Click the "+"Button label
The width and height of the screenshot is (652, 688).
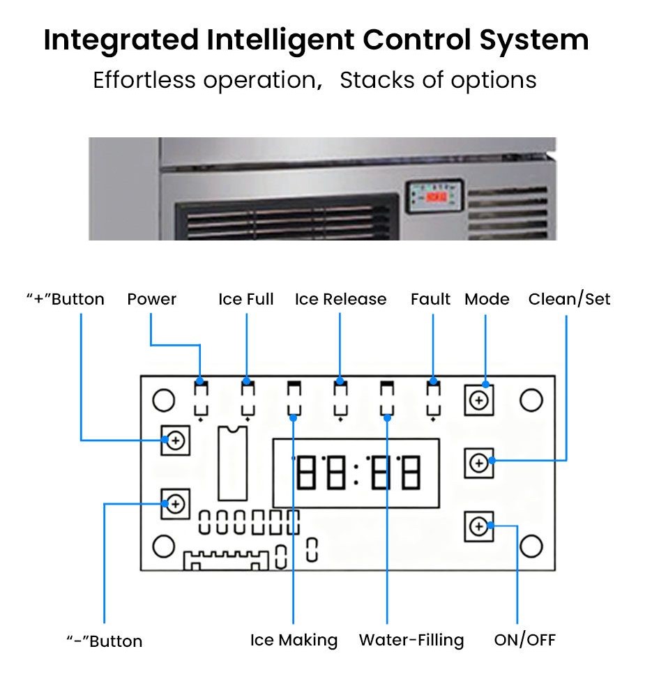(65, 300)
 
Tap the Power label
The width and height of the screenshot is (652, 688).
(151, 300)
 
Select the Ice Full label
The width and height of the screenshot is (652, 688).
(245, 300)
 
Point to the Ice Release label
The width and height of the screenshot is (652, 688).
(340, 300)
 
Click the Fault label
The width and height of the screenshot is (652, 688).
(430, 300)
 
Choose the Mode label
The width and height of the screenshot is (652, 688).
(487, 300)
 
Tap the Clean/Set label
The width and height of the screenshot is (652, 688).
(569, 300)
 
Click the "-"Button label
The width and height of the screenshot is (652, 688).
(104, 641)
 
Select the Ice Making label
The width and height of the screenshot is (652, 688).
(294, 640)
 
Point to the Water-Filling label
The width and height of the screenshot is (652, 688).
(411, 640)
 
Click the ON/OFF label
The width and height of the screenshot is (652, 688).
(524, 640)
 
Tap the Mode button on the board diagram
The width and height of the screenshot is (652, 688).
(479, 400)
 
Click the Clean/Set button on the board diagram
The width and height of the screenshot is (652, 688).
(479, 463)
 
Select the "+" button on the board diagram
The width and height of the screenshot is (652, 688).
(176, 441)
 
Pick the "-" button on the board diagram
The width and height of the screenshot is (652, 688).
(176, 503)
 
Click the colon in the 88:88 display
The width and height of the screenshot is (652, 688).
(356, 474)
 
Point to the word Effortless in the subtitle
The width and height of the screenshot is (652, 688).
(144, 80)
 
